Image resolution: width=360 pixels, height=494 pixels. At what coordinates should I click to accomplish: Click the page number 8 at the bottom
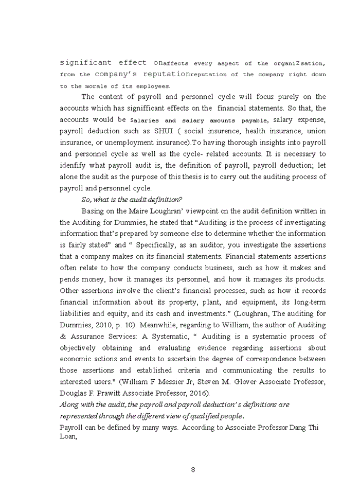[x=192, y=469]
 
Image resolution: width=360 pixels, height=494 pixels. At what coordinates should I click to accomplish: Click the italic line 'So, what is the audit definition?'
[x=132, y=200]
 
